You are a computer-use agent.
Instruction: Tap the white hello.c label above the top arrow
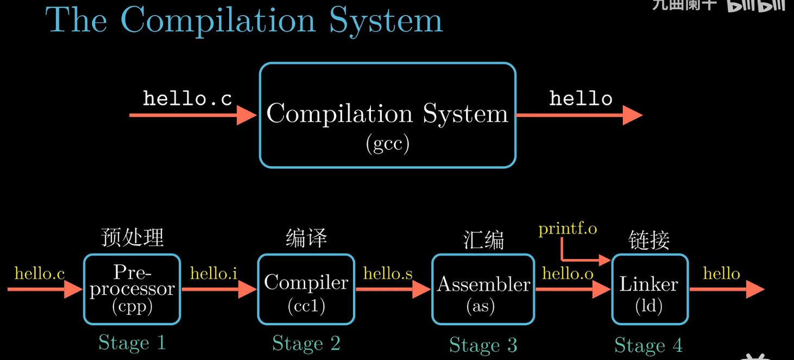click(187, 98)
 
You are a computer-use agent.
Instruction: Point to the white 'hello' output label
click(581, 98)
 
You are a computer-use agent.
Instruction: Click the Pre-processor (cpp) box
click(132, 288)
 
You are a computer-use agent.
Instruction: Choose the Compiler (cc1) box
click(306, 288)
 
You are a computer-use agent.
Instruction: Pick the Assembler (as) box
click(483, 288)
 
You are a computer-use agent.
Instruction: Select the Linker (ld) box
click(650, 288)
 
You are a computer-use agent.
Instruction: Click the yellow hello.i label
click(213, 273)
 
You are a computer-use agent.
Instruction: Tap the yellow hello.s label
click(388, 273)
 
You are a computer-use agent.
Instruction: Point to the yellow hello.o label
click(568, 274)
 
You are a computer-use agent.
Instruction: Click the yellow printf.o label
click(568, 229)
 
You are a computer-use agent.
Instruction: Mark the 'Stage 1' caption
click(132, 343)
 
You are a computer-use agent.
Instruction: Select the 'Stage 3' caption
click(483, 345)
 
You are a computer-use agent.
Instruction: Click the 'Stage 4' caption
click(648, 345)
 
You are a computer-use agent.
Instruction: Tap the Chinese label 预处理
click(132, 237)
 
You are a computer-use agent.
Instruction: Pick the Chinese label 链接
click(649, 239)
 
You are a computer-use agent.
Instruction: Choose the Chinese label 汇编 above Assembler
click(483, 239)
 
